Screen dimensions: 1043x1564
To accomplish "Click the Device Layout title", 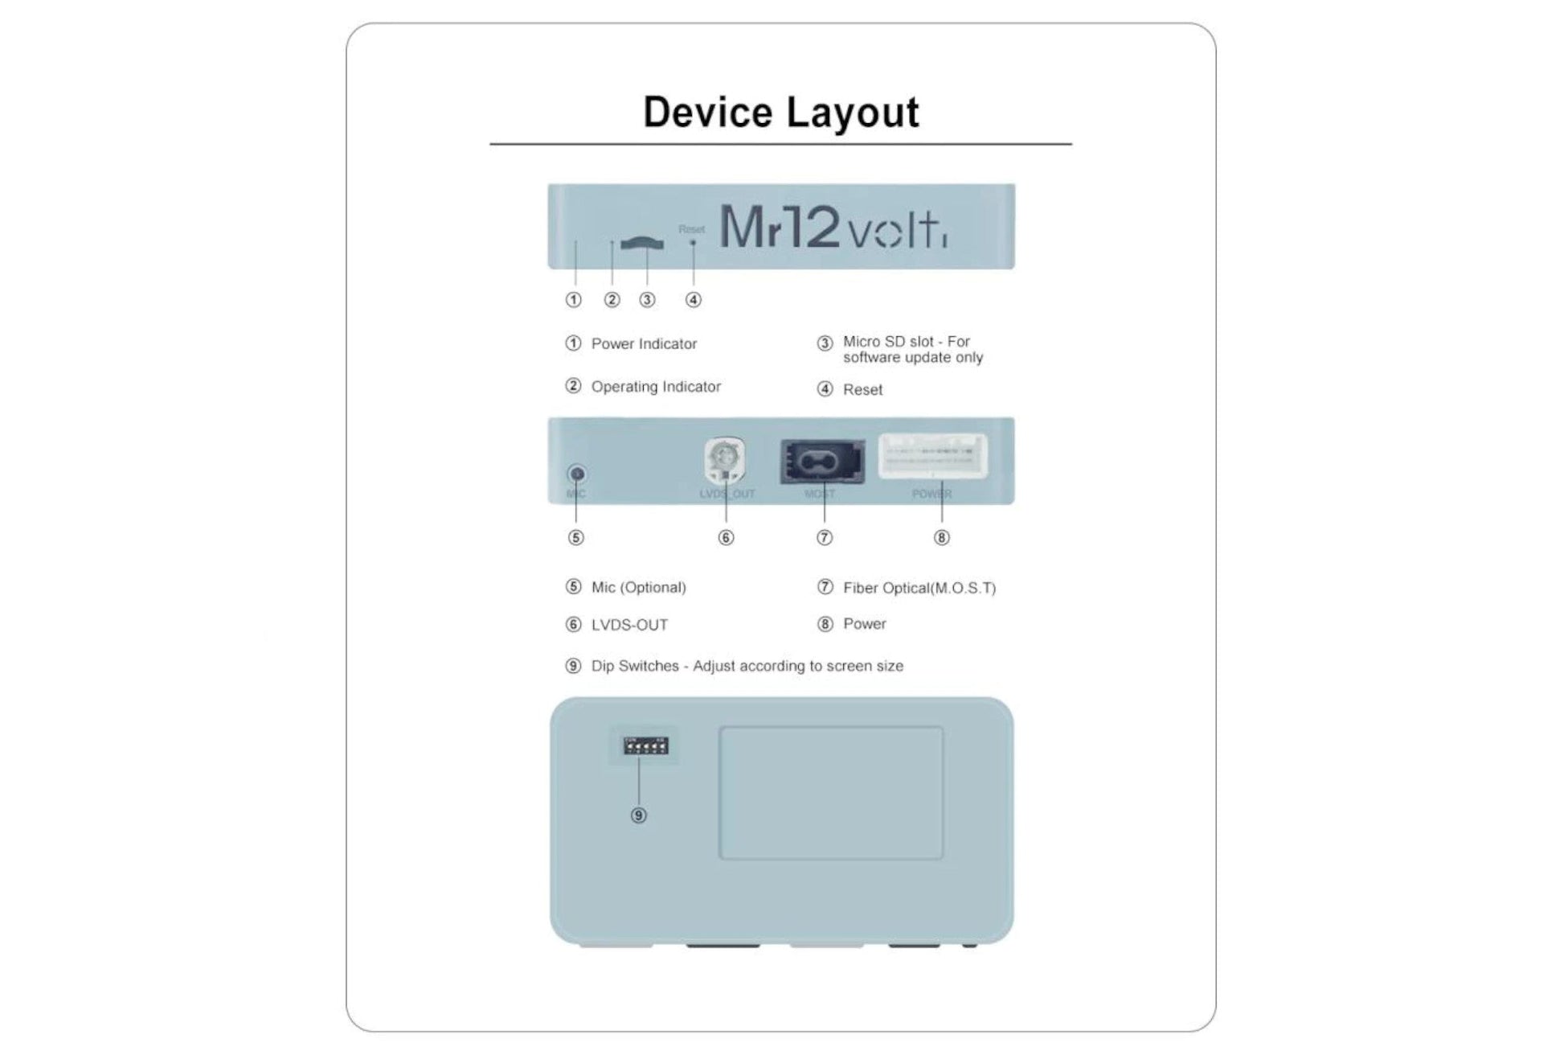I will tap(780, 112).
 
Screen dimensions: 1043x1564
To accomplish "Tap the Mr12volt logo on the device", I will tap(833, 228).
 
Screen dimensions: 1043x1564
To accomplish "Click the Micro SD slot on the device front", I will tap(642, 243).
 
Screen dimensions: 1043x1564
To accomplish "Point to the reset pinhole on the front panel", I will tap(693, 242).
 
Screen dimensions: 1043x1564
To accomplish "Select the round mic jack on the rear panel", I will tap(576, 474).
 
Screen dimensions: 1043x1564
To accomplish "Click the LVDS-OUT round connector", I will tap(724, 459).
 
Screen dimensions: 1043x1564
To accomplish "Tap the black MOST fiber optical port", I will tap(822, 462).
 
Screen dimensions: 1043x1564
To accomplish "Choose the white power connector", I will tap(932, 457).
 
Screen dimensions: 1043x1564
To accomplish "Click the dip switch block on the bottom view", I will tap(645, 745).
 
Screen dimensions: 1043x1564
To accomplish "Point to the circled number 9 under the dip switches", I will tap(638, 815).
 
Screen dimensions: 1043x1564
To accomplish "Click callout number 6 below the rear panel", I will tap(726, 538).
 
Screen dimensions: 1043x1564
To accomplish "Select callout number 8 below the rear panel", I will tap(941, 538).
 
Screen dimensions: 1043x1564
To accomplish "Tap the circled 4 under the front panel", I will tap(693, 300).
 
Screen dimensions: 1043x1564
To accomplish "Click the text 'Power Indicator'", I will tap(644, 344).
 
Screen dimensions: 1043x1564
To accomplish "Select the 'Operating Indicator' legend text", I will tap(656, 387).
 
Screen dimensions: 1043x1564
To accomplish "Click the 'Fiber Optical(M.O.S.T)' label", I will tap(919, 588).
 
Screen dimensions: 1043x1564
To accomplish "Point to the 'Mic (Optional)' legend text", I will tap(638, 588).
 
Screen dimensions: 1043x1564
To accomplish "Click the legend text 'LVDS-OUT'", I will tap(629, 625).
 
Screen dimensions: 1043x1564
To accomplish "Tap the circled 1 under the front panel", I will tap(573, 300).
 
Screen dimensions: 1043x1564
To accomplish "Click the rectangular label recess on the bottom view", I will tap(830, 793).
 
